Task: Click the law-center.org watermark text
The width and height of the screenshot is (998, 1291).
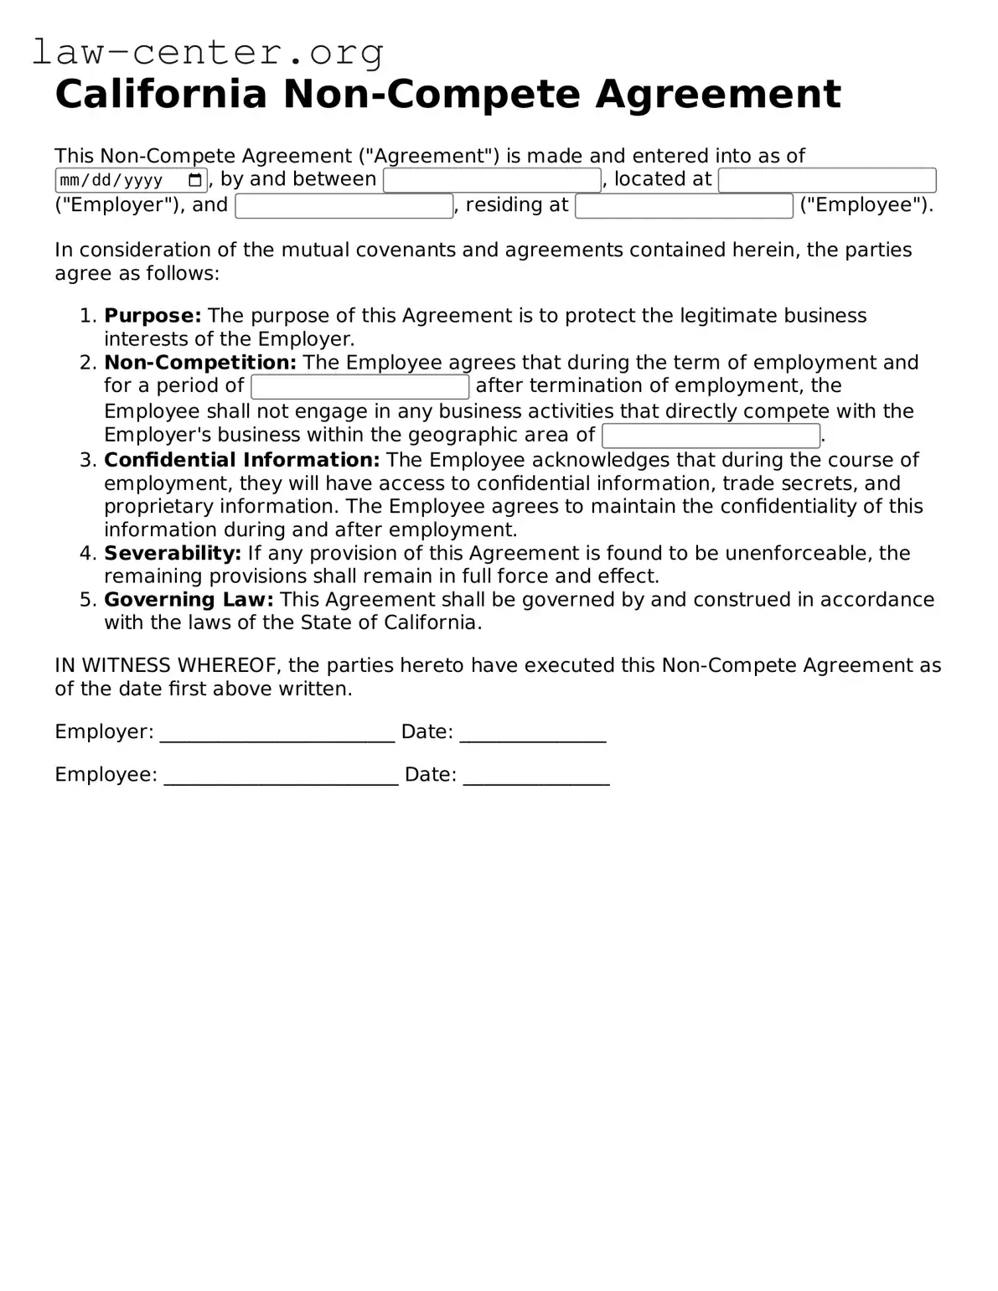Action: pyautogui.click(x=207, y=52)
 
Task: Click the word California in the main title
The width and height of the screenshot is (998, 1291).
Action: pyautogui.click(x=160, y=94)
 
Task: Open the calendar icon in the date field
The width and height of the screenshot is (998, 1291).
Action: pyautogui.click(x=195, y=180)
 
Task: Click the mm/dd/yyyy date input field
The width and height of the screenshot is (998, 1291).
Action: pyautogui.click(x=117, y=180)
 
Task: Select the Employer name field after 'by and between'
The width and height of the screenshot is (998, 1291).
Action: pyautogui.click(x=492, y=180)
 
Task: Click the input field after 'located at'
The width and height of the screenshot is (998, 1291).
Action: pyautogui.click(x=826, y=180)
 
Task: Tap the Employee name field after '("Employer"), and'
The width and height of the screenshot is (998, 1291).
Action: pyautogui.click(x=344, y=206)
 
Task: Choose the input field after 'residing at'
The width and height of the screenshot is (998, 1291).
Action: pyautogui.click(x=684, y=206)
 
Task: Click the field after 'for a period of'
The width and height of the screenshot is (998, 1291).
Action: pyautogui.click(x=360, y=387)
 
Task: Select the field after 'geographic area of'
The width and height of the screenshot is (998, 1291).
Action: pyautogui.click(x=711, y=436)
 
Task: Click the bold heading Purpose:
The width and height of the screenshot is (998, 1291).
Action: pyautogui.click(x=153, y=316)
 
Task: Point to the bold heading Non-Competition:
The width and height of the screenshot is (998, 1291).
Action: pyautogui.click(x=200, y=363)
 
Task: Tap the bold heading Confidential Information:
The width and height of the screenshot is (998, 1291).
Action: pyautogui.click(x=242, y=460)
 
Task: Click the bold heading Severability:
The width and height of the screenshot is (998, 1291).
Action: pyautogui.click(x=173, y=553)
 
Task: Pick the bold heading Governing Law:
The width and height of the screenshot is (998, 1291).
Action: pyautogui.click(x=189, y=600)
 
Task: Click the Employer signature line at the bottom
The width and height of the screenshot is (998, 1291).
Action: pyautogui.click(x=277, y=734)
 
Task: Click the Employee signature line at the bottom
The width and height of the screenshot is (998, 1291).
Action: pyautogui.click(x=281, y=777)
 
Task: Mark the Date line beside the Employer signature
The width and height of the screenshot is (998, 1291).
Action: pyautogui.click(x=532, y=734)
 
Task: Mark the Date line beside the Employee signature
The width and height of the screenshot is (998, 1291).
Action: pyautogui.click(x=536, y=777)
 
